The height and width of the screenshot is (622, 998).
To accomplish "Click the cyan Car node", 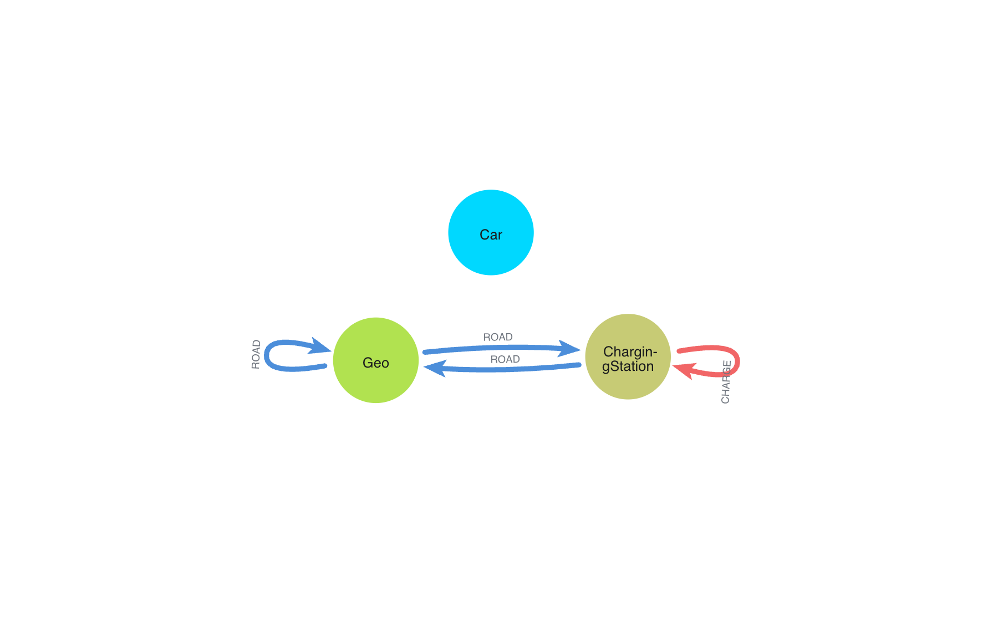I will click(x=491, y=216).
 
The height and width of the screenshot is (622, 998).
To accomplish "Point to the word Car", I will click(x=491, y=235).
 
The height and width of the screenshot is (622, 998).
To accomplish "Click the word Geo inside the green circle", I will click(x=375, y=363).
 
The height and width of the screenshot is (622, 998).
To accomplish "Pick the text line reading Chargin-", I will click(x=630, y=352).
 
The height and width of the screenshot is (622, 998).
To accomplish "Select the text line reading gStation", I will click(x=628, y=366).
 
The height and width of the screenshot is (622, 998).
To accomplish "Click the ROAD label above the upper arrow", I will click(x=497, y=337).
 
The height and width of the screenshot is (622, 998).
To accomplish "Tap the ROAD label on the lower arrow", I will click(x=505, y=359).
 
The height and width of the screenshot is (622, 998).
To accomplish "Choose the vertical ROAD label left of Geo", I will click(x=256, y=354).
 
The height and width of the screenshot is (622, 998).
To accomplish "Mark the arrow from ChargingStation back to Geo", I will click(x=510, y=368).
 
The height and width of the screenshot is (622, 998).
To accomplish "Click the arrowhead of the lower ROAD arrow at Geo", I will click(x=436, y=368).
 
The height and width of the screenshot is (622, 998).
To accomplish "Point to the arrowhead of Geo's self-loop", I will click(x=320, y=346).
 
